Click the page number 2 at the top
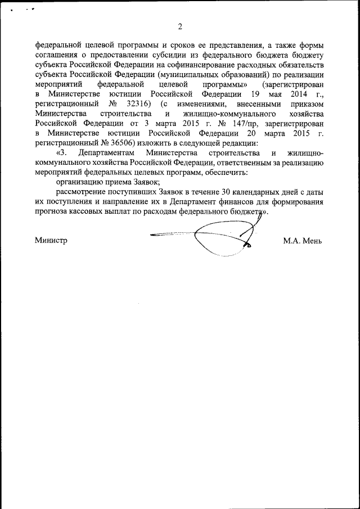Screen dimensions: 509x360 (180, 26)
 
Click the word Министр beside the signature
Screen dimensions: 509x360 (51, 240)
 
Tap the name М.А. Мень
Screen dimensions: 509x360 (303, 240)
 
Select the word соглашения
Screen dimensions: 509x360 (56, 57)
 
